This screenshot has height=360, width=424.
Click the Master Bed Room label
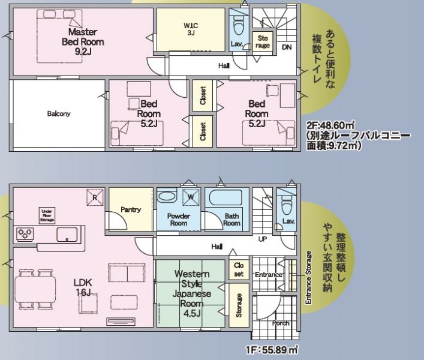pyautogui.click(x=83, y=41)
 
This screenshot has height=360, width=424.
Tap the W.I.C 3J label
pyautogui.click(x=191, y=29)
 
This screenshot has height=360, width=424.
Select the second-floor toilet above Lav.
pyautogui.click(x=239, y=25)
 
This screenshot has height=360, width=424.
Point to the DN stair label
pyautogui.click(x=287, y=47)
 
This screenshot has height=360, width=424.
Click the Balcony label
pyautogui.click(x=59, y=113)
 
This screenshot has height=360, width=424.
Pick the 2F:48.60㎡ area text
pyautogui.click(x=330, y=125)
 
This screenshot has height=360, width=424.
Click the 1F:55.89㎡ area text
pyautogui.click(x=272, y=350)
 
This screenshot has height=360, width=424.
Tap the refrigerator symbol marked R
pyautogui.click(x=95, y=197)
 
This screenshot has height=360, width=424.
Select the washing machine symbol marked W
pyautogui.click(x=191, y=197)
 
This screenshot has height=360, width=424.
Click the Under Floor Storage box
pyautogui.click(x=47, y=215)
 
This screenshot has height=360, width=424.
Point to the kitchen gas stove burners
pyautogui.click(x=25, y=233)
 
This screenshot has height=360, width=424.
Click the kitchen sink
pyautogui.click(x=67, y=235)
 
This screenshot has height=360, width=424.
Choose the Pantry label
pyautogui.click(x=131, y=209)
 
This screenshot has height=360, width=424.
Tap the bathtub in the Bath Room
pyautogui.click(x=225, y=197)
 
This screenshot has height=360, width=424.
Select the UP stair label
pyautogui.click(x=263, y=239)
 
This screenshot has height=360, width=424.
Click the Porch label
pyautogui.click(x=281, y=323)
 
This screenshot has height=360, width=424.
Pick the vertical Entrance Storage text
pyautogui.click(x=308, y=278)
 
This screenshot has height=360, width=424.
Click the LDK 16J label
pyautogui.click(x=83, y=287)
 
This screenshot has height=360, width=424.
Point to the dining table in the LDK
pyautogui.click(x=35, y=289)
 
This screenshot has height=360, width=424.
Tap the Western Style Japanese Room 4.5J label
pyautogui.click(x=192, y=293)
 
